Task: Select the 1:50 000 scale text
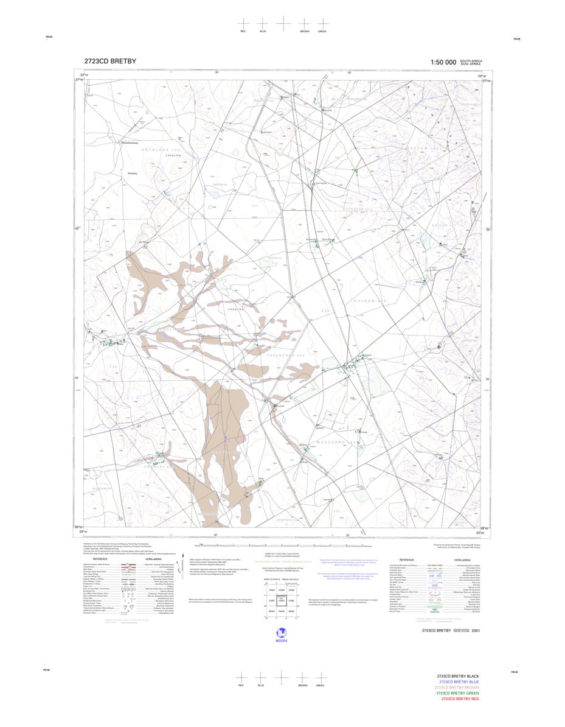coord(443,62)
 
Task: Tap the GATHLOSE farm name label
coord(144,149)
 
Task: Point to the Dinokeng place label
coord(133,173)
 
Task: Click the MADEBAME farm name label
coord(334,442)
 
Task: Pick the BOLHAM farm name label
coord(370,301)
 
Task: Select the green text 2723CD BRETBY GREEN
coord(458,694)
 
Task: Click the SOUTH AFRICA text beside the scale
coord(471,61)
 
